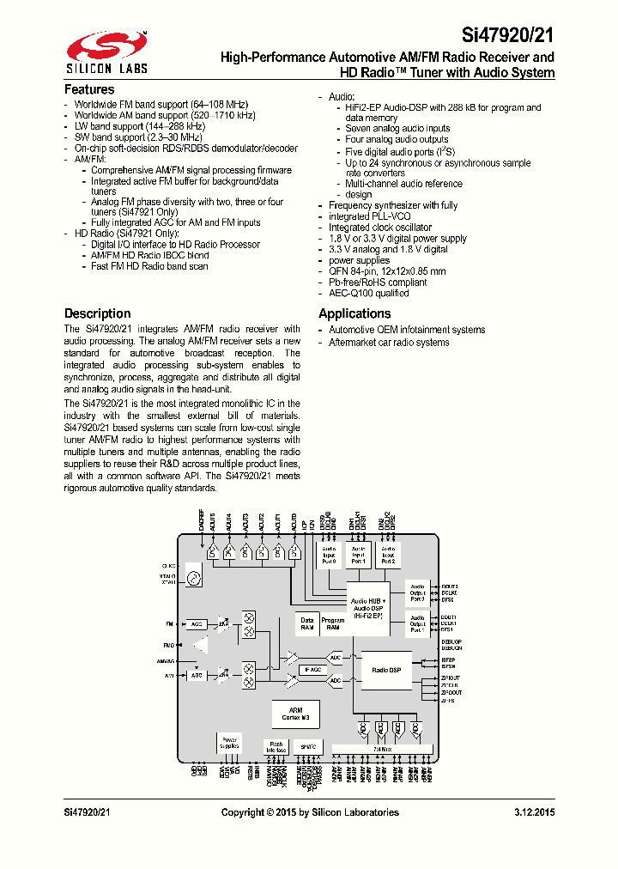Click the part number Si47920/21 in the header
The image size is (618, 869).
[x=508, y=36]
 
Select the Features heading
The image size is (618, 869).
[x=89, y=89]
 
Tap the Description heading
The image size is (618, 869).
[x=98, y=313]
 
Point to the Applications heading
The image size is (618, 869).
[x=354, y=313]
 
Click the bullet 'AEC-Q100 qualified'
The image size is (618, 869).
[x=369, y=293]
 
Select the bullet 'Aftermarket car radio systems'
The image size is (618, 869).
[x=389, y=343]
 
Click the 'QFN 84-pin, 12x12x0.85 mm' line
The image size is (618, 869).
[x=387, y=271]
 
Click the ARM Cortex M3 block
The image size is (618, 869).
[x=296, y=713]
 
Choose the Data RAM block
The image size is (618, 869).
[x=306, y=623]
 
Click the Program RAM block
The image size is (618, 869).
[x=332, y=623]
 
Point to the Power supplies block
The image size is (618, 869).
[x=230, y=743]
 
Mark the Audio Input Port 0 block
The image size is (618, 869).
[x=330, y=555]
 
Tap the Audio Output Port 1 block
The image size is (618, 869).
[x=417, y=623]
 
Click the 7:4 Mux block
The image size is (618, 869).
[x=382, y=750]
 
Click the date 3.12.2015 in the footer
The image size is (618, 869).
[x=534, y=812]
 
